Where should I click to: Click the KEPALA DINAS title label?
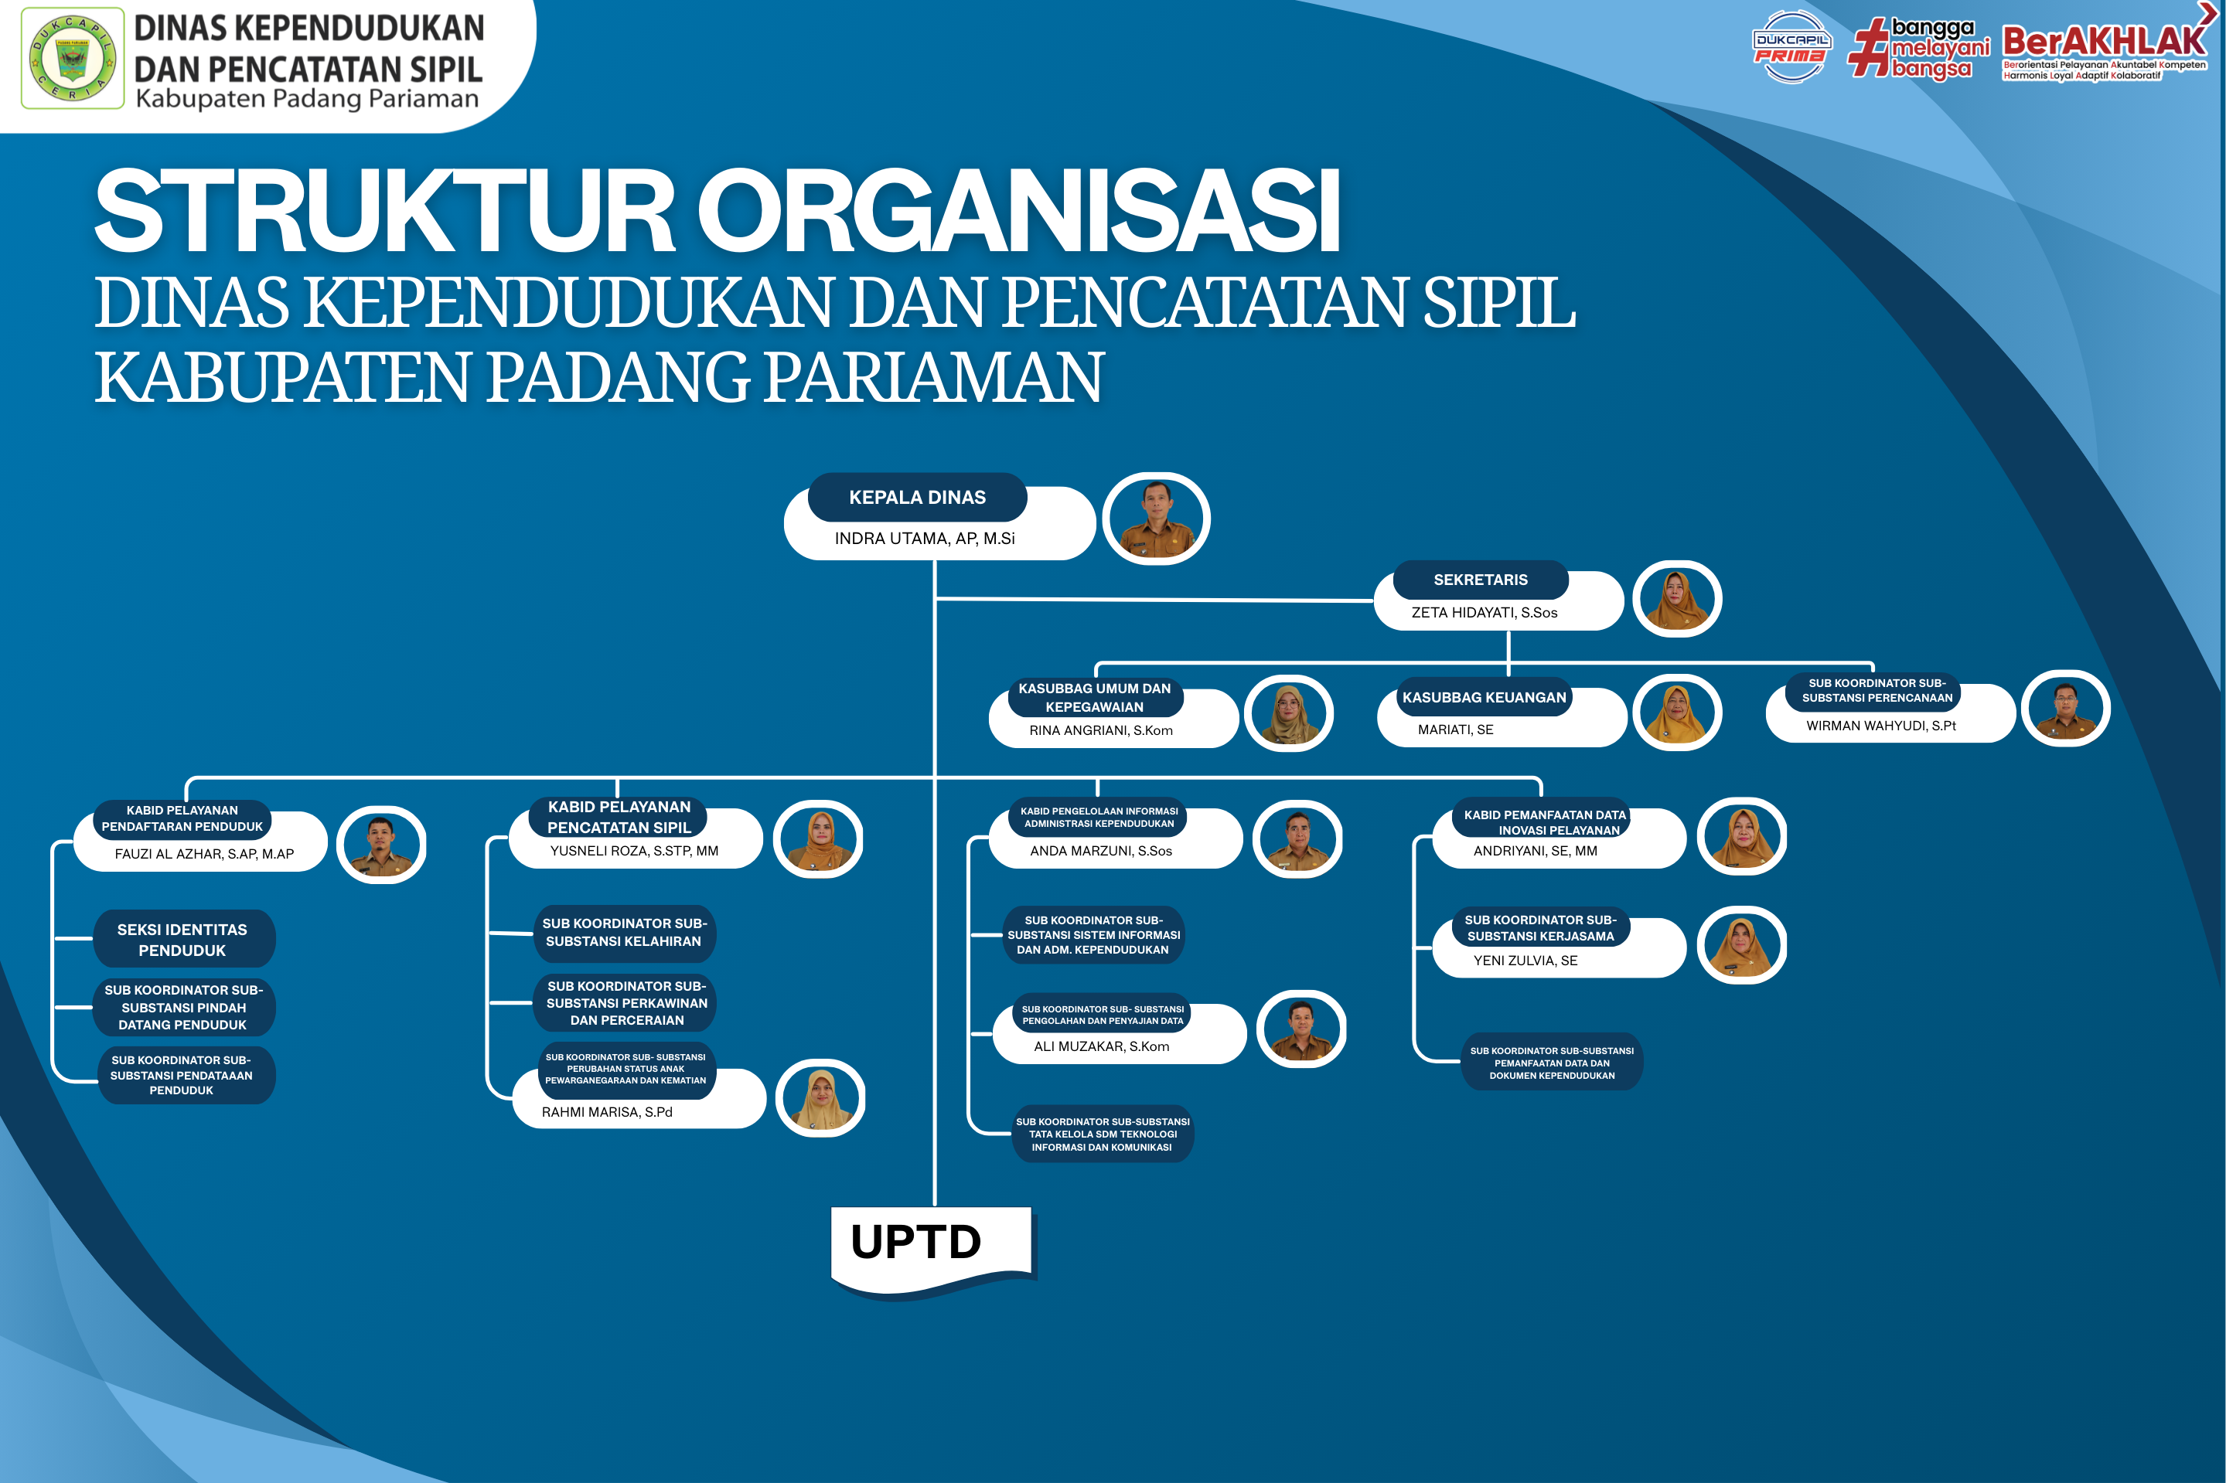917,498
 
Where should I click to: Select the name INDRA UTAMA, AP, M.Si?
924,538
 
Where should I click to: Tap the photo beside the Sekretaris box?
1676,599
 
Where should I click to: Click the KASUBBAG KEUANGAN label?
1484,697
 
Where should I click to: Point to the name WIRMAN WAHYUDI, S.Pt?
1880,726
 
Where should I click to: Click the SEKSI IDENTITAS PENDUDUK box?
182,939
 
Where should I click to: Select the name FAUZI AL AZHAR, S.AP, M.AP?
204,853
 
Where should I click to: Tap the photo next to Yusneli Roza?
818,839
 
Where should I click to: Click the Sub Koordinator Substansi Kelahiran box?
623,933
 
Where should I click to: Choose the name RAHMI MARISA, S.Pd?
606,1111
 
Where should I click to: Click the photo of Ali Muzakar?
1300,1029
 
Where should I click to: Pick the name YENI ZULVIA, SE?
1525,960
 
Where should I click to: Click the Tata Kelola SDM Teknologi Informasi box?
1102,1134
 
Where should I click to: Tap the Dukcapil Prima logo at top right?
1790,47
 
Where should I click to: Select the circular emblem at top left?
73,59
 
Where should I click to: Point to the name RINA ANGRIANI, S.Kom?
1100,730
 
